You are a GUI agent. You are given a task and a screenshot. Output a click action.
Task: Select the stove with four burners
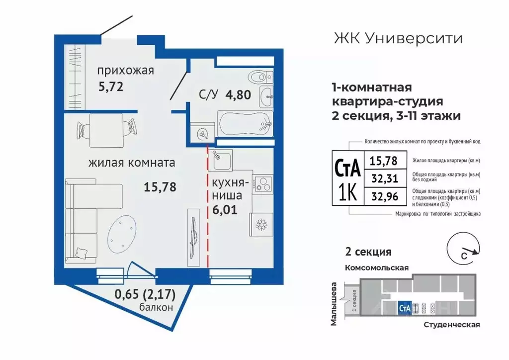(x=262, y=183)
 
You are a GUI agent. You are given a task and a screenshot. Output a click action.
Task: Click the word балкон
(x=157, y=307)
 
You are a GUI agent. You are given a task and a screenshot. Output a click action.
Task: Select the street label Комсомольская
(x=377, y=268)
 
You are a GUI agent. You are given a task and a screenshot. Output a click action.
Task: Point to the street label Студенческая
(x=452, y=325)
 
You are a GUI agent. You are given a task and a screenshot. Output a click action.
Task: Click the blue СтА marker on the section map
(x=404, y=308)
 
